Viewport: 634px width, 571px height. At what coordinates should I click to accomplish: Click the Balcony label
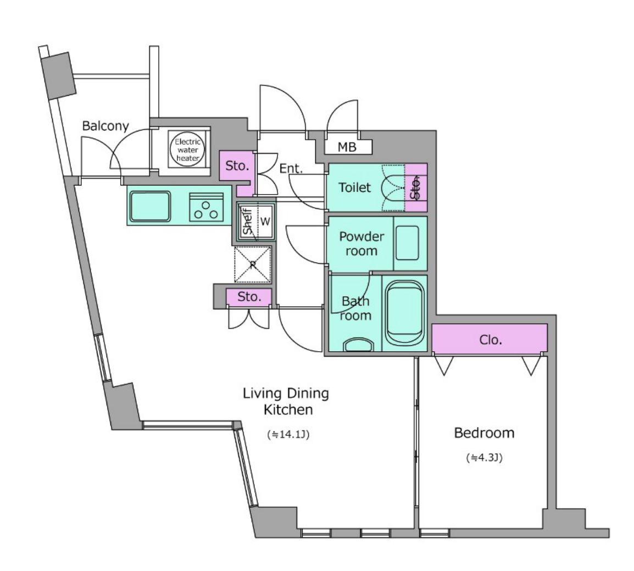(x=105, y=126)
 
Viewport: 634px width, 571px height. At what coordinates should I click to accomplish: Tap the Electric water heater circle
(x=187, y=149)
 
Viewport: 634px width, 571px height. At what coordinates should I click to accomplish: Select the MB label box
(x=348, y=147)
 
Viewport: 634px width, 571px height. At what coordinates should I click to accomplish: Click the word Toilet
(x=354, y=187)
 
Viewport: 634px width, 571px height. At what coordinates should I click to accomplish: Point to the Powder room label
(x=362, y=243)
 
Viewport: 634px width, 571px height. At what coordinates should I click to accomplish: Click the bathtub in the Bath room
(x=405, y=313)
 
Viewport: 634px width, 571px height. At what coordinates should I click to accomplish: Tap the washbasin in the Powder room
(x=407, y=243)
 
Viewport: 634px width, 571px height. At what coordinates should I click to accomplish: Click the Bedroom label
(x=484, y=433)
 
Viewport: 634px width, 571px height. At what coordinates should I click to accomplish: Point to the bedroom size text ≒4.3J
(x=484, y=458)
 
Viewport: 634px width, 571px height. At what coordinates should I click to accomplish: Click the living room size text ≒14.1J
(x=288, y=434)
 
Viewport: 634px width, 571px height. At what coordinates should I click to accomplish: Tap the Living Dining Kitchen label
(x=286, y=401)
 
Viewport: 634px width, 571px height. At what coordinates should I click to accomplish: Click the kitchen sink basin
(x=150, y=206)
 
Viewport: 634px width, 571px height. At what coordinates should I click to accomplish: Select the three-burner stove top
(x=206, y=207)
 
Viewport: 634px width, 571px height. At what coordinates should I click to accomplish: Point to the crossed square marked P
(x=253, y=264)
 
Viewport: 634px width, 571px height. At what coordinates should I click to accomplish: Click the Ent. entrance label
(x=291, y=168)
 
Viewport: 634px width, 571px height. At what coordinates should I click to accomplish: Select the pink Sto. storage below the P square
(x=249, y=297)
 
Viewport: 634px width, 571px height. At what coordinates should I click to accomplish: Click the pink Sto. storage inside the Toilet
(x=416, y=187)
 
